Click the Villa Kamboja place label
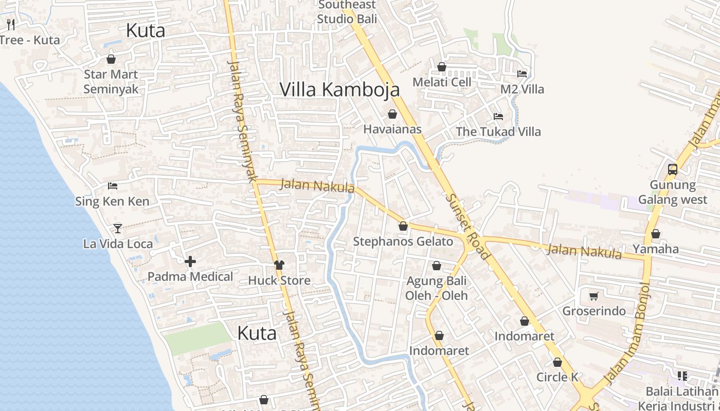[339, 89]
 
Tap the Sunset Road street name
[468, 226]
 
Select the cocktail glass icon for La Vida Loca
[118, 228]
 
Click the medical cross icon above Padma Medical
[190, 261]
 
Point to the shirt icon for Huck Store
[279, 265]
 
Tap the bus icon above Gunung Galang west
[672, 169]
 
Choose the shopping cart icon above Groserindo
[593, 296]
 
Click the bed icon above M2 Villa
[522, 73]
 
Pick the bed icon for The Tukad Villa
[498, 116]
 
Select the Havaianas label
[392, 129]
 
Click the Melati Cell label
[442, 82]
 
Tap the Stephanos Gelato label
[403, 241]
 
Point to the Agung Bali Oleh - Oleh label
[437, 288]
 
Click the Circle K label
[557, 377]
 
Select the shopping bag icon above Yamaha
[655, 234]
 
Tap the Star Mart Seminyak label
[111, 82]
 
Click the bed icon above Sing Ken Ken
[113, 185]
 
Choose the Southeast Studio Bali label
[347, 12]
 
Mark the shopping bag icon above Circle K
[557, 362]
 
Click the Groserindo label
[594, 311]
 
